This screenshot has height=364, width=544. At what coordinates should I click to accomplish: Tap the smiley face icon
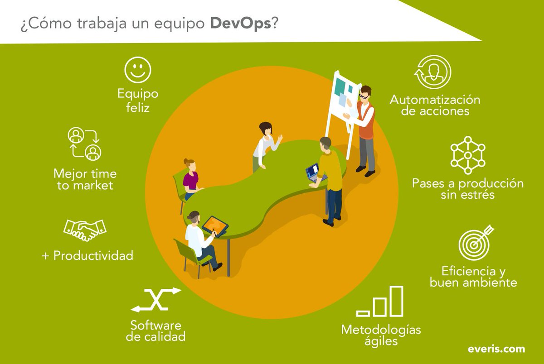[x=138, y=70]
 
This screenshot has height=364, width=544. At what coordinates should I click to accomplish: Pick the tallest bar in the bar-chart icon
[x=397, y=301]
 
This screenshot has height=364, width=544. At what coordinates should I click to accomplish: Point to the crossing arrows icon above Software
[x=156, y=299]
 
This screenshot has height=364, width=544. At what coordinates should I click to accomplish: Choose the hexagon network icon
[x=468, y=155]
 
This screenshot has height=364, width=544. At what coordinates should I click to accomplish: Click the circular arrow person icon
[x=433, y=72]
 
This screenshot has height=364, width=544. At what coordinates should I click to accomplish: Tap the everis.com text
[x=496, y=349]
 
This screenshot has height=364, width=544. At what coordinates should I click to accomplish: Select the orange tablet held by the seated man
[x=215, y=225]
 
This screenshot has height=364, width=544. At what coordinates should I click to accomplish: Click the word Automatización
[x=435, y=99]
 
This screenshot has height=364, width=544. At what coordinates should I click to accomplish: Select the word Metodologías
[x=381, y=329]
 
